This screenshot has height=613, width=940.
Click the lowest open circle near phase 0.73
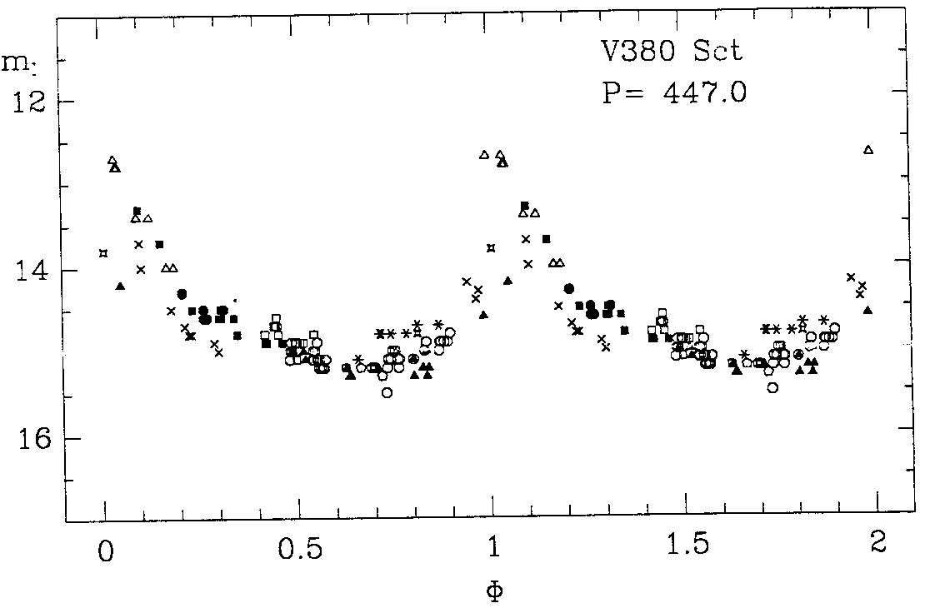(387, 392)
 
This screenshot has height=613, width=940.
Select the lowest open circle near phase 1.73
(772, 387)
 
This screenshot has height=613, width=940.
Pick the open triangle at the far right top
(868, 150)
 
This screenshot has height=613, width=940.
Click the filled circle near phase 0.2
(182, 293)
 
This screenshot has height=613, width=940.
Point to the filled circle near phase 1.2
(569, 288)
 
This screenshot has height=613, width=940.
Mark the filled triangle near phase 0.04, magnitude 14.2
(120, 287)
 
